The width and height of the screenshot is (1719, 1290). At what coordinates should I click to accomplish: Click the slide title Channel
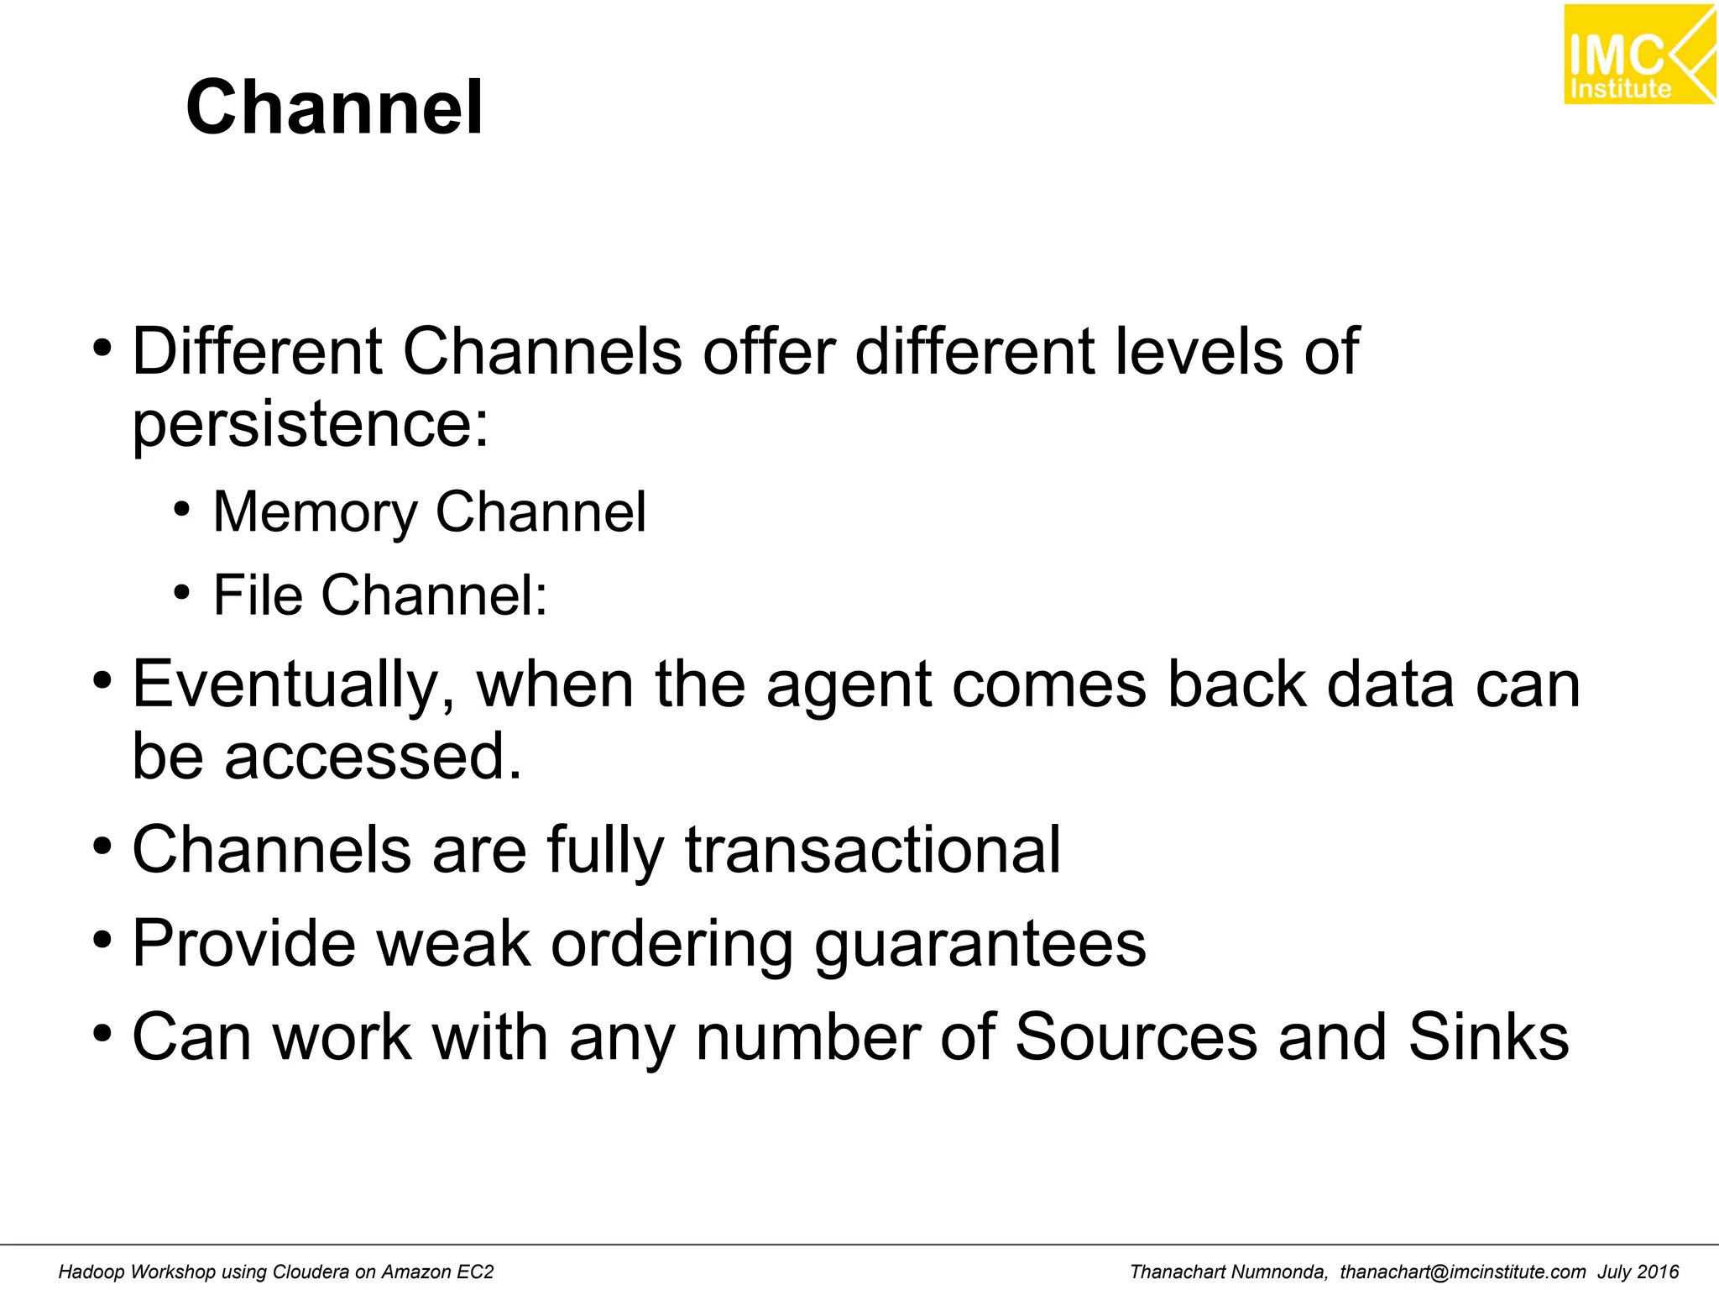334,107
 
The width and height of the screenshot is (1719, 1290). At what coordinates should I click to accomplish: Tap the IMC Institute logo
1638,55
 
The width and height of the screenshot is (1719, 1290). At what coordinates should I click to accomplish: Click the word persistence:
310,423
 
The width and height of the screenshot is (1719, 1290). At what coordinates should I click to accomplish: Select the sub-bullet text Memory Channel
429,511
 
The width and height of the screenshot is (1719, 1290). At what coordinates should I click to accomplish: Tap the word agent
848,685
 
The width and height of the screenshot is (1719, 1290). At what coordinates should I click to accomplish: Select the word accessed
373,756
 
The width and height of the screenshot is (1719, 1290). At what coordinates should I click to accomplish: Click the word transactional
873,850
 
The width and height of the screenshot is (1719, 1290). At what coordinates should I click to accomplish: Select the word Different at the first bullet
256,351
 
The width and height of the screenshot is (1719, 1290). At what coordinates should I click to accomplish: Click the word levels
1199,351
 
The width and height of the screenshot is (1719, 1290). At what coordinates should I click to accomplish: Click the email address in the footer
1462,1272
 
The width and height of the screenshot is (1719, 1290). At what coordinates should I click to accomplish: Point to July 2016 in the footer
1638,1272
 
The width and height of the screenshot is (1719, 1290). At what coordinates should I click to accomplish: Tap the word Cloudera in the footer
311,1272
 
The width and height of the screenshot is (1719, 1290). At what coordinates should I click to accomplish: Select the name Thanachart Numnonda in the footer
1228,1272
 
